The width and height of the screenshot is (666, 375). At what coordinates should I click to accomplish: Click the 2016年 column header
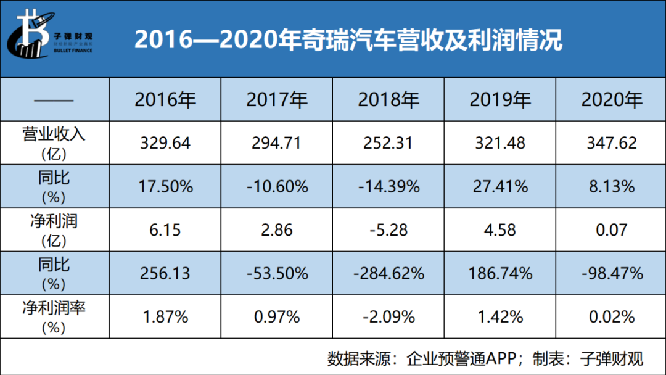click(165, 99)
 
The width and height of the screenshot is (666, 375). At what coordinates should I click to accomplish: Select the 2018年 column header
click(388, 99)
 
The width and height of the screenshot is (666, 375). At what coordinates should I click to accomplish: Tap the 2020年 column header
click(611, 99)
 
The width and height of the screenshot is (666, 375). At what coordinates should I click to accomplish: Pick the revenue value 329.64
click(165, 142)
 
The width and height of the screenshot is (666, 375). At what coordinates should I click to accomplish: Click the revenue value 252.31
click(388, 142)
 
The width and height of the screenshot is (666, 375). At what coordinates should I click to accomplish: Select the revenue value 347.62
click(611, 142)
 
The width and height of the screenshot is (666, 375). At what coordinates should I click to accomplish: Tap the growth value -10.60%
click(276, 186)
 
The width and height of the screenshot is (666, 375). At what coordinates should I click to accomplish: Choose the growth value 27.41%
click(499, 186)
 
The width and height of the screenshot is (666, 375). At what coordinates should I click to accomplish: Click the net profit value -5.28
click(388, 229)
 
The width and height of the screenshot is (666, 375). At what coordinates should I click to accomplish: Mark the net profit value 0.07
click(611, 229)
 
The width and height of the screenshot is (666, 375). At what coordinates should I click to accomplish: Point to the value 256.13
click(165, 273)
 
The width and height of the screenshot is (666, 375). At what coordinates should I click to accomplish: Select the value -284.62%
click(388, 273)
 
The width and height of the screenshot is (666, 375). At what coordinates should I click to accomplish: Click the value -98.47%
click(611, 273)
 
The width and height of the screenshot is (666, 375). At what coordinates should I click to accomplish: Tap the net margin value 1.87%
click(165, 316)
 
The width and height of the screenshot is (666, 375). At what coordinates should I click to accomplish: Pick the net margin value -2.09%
click(388, 316)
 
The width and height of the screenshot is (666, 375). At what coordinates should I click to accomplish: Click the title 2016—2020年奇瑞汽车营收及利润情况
click(348, 40)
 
